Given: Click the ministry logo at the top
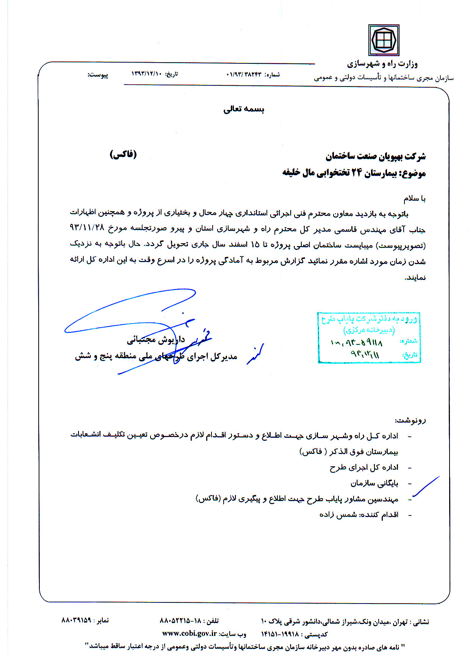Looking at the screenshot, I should coord(384,40).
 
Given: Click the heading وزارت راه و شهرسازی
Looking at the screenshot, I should coord(382,64).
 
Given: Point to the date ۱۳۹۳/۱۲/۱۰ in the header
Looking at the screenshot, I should coord(146,74).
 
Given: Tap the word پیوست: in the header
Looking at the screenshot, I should coord(98,75).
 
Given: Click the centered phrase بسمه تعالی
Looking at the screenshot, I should coord(244,109).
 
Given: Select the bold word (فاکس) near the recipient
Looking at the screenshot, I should coord(123,154).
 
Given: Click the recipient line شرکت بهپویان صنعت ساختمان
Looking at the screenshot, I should coord(375,156).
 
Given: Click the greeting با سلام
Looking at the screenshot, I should coord(414,198).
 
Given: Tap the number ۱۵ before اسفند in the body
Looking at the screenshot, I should coord(255,245).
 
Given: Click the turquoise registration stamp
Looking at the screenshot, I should coord(369,337).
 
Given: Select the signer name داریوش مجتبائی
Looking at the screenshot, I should coord(155,340).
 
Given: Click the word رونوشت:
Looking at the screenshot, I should coord(410,420).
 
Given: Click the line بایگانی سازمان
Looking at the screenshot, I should coord(374,483).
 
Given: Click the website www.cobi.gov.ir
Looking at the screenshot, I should coord(189,633).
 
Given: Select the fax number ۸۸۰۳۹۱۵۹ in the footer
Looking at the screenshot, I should coord(76,620).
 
